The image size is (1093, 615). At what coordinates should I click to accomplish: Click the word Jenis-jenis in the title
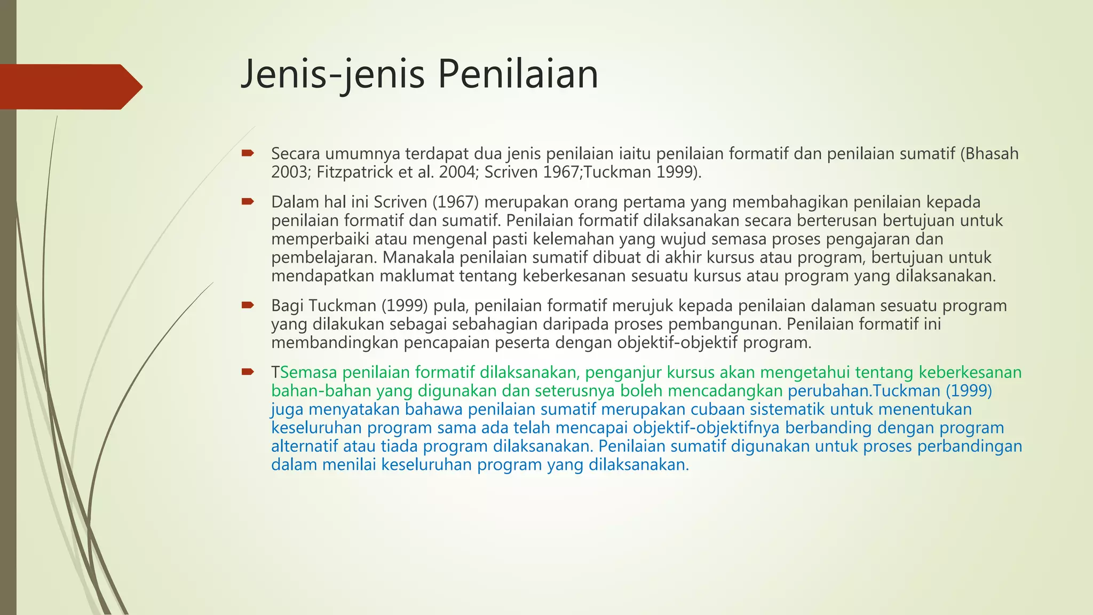332,74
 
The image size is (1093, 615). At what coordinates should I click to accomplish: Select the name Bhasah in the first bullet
992,154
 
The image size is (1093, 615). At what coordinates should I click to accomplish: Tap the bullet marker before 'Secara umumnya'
247,154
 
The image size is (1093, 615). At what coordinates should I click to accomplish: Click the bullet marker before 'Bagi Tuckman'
247,305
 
